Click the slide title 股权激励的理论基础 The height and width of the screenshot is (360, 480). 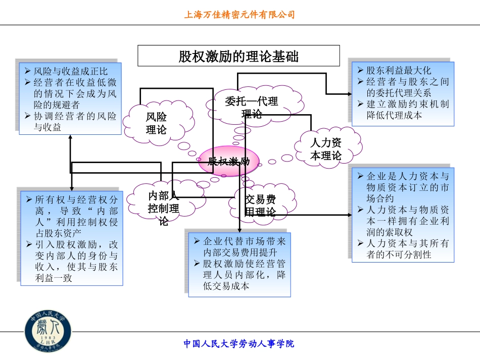click(238, 56)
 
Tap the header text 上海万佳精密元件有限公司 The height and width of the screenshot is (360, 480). click(239, 15)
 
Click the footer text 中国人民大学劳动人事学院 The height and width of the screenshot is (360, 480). click(238, 344)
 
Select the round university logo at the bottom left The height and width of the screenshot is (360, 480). click(49, 331)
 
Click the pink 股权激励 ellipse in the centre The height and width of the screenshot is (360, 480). click(230, 162)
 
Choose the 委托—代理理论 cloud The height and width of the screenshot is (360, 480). click(251, 106)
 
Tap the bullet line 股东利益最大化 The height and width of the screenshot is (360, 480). click(399, 70)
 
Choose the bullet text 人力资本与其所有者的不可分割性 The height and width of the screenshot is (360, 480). click(407, 249)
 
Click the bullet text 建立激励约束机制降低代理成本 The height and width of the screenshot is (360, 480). click(407, 110)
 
